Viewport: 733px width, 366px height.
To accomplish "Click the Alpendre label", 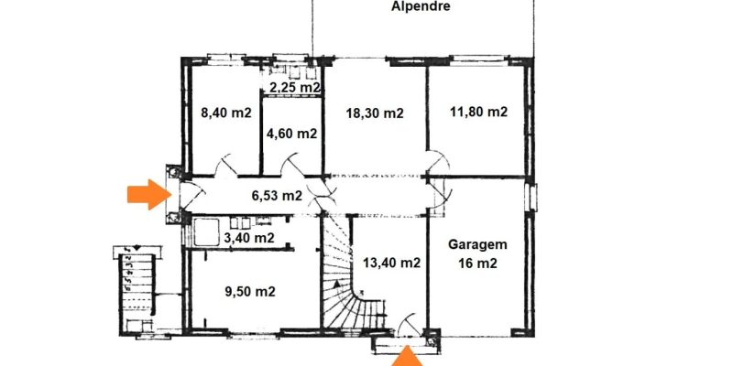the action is tap(421, 6).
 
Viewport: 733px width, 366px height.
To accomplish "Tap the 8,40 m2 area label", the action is tap(225, 113).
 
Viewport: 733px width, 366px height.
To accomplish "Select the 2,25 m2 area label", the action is tap(294, 87).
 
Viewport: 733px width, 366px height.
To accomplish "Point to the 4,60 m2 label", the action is tap(291, 134).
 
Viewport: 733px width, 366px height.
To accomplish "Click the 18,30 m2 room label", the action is tap(375, 113).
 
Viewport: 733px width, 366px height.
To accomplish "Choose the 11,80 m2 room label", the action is tap(478, 112).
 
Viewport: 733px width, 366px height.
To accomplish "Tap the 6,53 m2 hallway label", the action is tap(277, 196).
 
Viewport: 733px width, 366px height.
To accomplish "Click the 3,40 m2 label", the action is tap(248, 238).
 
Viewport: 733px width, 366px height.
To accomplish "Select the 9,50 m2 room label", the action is tap(250, 292).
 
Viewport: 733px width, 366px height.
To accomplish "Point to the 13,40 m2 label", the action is tap(392, 263).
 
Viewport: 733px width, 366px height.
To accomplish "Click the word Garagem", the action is tap(477, 244).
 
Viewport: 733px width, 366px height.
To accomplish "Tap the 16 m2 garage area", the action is tap(477, 264).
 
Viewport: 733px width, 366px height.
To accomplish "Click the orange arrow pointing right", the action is tap(148, 194).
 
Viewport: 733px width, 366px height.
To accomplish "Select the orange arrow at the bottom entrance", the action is tap(407, 357).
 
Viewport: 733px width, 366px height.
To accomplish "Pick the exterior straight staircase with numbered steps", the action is tap(137, 290).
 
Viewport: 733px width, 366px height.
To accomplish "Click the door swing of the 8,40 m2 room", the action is tap(226, 165).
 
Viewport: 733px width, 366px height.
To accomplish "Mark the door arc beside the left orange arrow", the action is tap(192, 195).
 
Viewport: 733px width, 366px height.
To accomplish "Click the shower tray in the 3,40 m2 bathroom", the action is tap(206, 232).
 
